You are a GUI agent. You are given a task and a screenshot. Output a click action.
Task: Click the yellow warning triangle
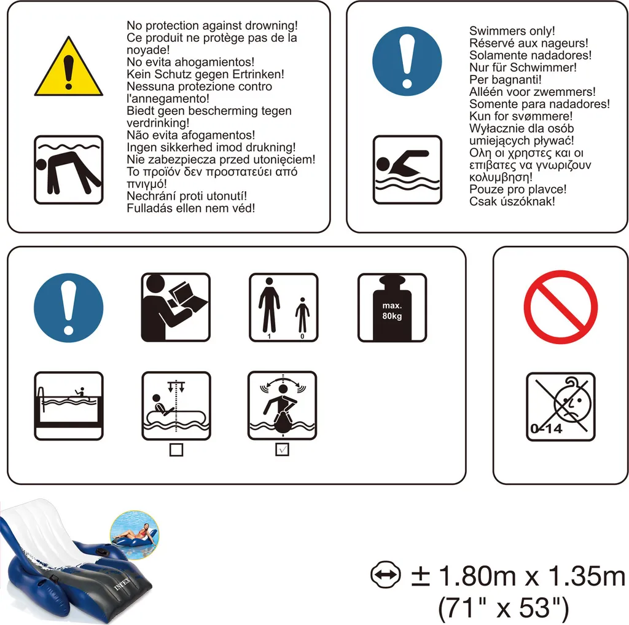(x=69, y=68)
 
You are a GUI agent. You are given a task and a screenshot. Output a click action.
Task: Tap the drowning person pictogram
(x=69, y=170)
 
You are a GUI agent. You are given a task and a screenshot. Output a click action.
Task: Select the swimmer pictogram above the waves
(x=407, y=170)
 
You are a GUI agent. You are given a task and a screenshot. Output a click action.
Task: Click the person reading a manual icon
(x=176, y=307)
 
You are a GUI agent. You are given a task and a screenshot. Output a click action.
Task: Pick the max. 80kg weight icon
(x=392, y=308)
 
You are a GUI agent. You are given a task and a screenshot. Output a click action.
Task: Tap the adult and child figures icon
(x=284, y=307)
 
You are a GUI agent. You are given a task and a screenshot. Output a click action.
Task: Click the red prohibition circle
(x=560, y=307)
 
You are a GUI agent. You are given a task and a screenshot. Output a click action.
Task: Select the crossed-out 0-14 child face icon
(x=560, y=407)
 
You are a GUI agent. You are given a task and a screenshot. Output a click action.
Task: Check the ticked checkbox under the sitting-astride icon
(x=283, y=450)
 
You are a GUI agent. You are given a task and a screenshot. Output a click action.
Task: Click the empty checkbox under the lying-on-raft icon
(x=176, y=450)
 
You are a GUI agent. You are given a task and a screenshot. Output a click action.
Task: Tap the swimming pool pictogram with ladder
(x=69, y=406)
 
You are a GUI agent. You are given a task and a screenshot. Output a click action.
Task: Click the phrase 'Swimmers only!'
(x=512, y=31)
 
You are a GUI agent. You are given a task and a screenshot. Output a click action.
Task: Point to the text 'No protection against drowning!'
(x=212, y=25)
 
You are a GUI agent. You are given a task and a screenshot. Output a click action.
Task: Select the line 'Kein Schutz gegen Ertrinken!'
(x=205, y=74)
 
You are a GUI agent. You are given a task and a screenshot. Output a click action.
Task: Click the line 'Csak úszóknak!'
(x=512, y=201)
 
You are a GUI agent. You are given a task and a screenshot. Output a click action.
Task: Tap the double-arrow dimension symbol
(x=386, y=575)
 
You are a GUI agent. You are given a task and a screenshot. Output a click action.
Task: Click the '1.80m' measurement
(x=477, y=576)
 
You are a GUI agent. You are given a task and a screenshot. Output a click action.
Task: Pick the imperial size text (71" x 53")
(x=503, y=607)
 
